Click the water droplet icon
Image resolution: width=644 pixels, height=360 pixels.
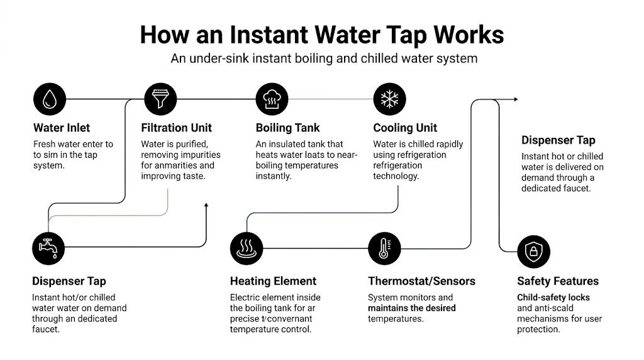click(x=49, y=99)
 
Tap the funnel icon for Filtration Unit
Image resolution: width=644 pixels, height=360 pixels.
click(x=160, y=99)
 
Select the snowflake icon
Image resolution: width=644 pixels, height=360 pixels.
click(x=389, y=99)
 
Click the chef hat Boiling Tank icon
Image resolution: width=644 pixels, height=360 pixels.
click(x=272, y=99)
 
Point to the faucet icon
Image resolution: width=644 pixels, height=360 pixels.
click(x=48, y=249)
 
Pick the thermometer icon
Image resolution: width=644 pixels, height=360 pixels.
click(x=384, y=249)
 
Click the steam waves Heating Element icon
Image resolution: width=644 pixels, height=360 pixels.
click(x=247, y=249)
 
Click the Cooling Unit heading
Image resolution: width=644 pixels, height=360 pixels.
click(x=405, y=128)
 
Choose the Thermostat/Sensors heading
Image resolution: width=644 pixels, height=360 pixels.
click(x=421, y=281)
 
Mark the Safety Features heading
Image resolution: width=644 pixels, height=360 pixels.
click(x=558, y=281)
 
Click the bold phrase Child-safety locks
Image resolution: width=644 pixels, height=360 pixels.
click(x=553, y=297)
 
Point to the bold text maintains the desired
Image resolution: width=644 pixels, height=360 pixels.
click(x=412, y=308)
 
